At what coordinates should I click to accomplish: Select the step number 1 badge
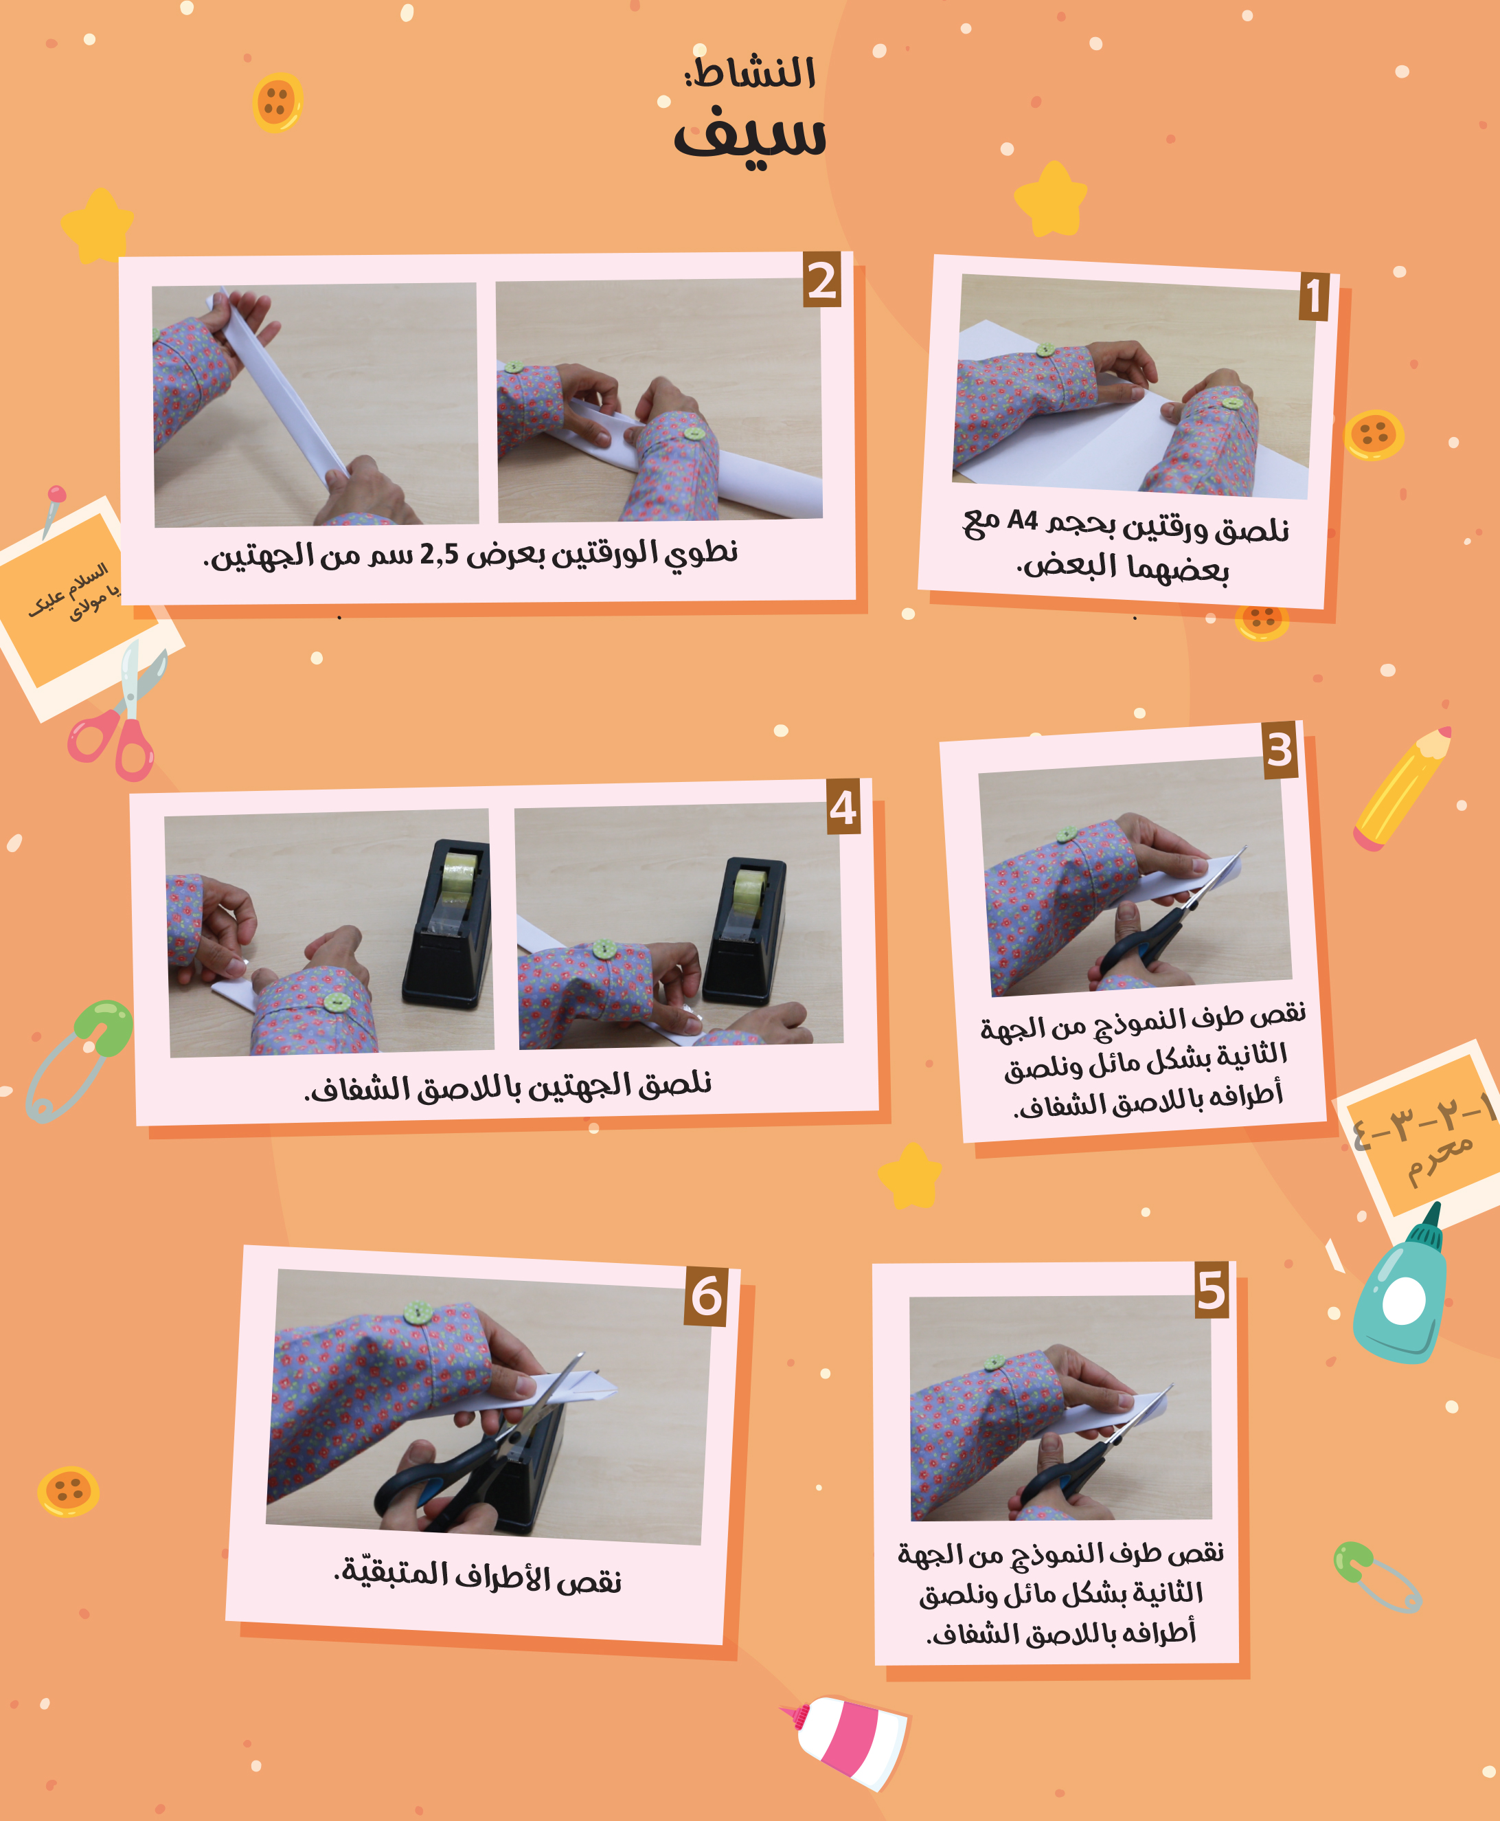point(1313,295)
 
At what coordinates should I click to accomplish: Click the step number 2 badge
point(821,280)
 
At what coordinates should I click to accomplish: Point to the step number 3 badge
point(1280,749)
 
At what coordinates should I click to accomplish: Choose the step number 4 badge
point(843,806)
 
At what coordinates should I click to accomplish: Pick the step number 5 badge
point(1212,1291)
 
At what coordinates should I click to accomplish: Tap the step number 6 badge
point(706,1297)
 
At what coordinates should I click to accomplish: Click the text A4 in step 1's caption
point(1022,520)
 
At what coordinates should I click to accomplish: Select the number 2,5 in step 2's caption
point(439,554)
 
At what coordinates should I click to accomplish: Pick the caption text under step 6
point(478,1575)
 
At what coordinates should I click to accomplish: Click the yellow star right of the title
point(1051,200)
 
